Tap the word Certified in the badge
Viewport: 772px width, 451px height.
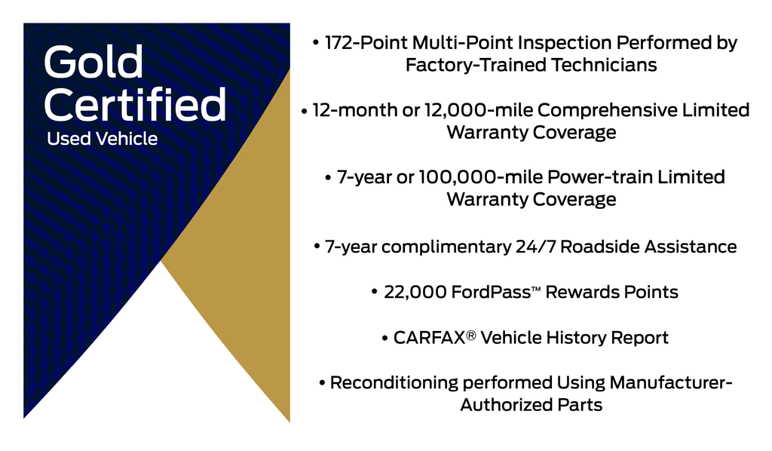click(135, 105)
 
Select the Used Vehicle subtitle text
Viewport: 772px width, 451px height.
click(102, 139)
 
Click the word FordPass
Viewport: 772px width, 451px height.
click(488, 292)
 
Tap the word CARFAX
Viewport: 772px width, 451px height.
click(428, 337)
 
